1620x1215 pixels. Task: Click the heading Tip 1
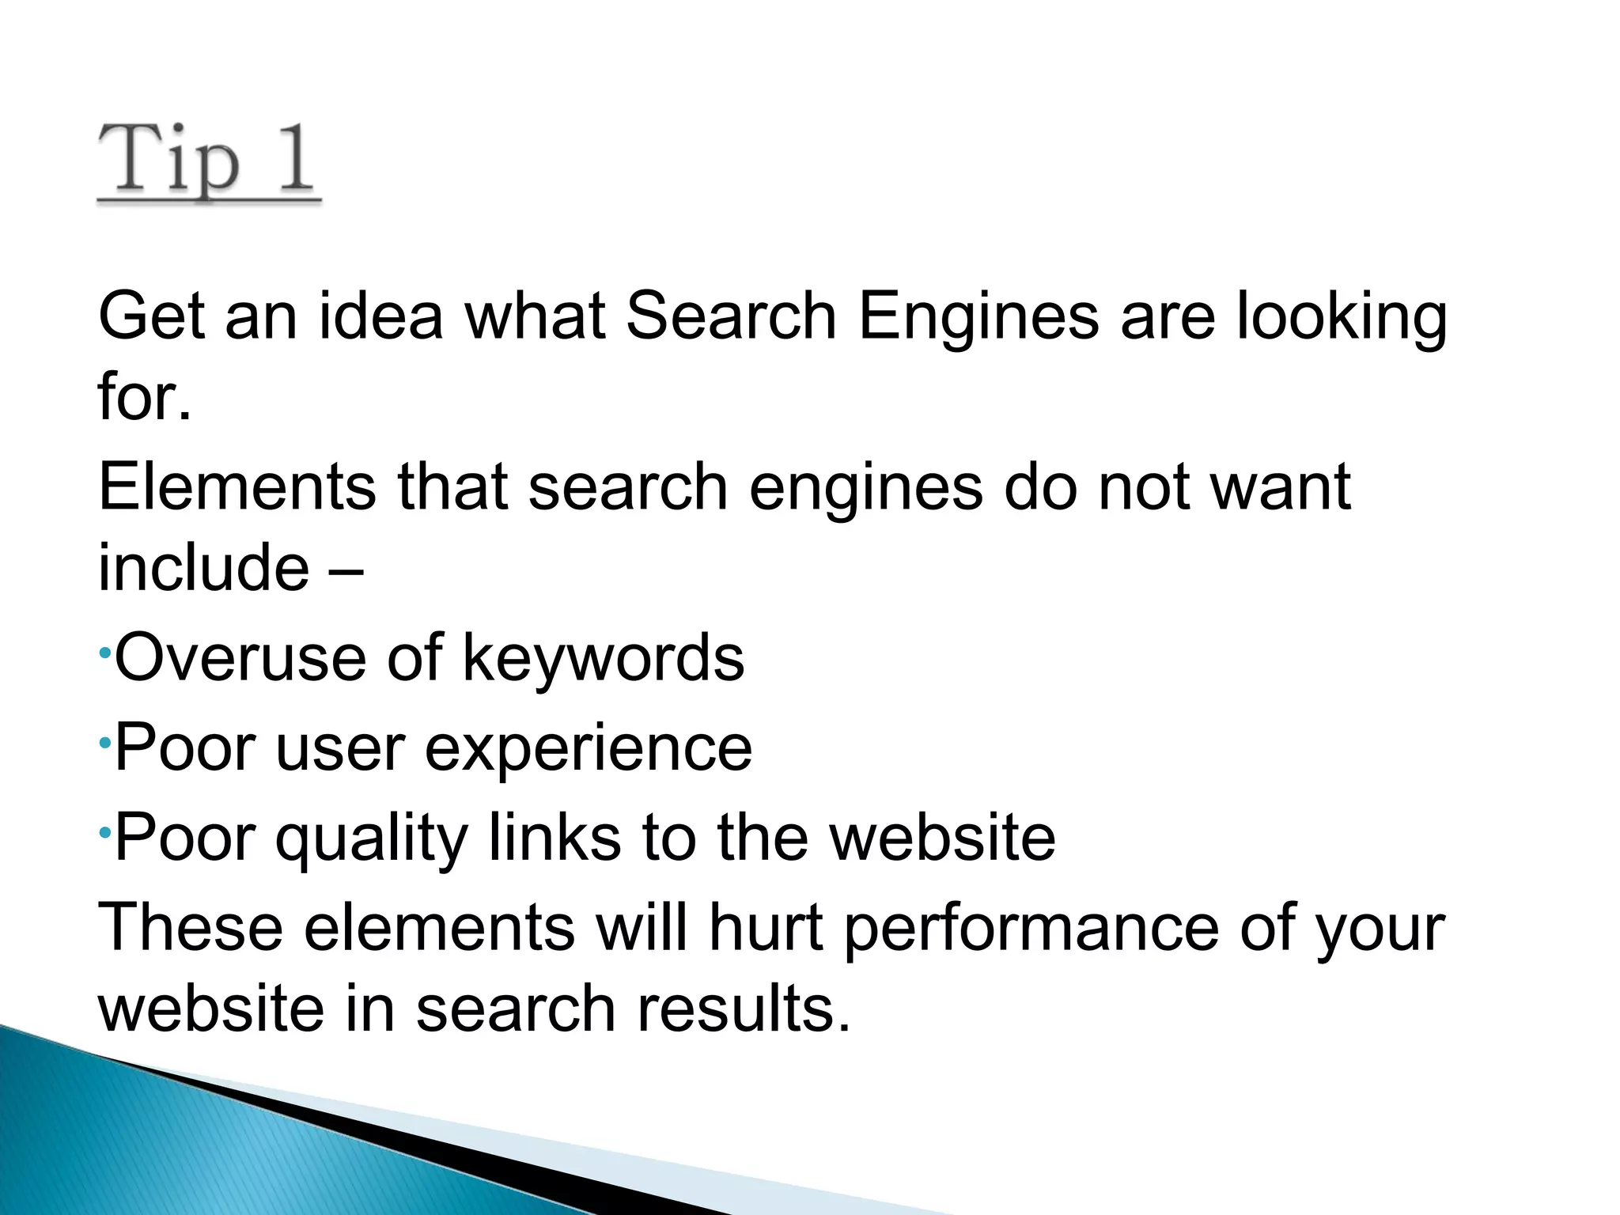point(208,165)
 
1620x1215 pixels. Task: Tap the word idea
point(381,316)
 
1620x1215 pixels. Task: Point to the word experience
point(589,748)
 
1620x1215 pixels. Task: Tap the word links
point(554,837)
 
